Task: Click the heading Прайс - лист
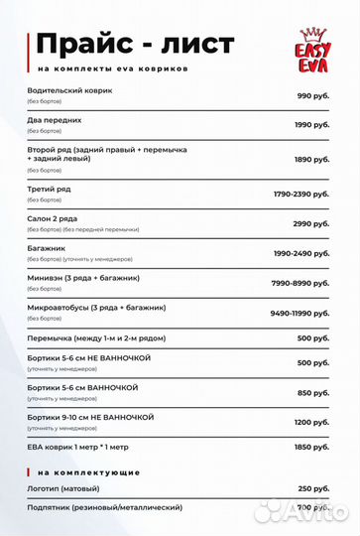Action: click(135, 44)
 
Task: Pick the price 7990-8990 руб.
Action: click(301, 283)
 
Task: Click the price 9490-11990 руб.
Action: click(300, 313)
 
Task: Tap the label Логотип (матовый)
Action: click(65, 488)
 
